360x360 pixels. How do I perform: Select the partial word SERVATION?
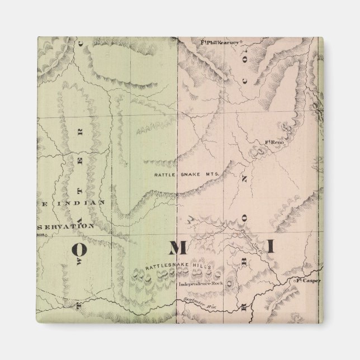click(65, 226)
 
